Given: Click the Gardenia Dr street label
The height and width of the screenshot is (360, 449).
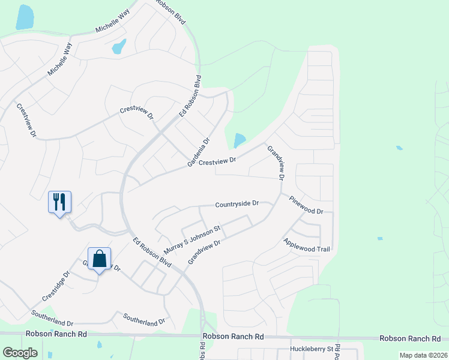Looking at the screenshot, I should [x=198, y=152].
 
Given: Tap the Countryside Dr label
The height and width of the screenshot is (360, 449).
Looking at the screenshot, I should [x=237, y=204].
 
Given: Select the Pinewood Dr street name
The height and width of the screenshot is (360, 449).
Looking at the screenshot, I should [x=306, y=205].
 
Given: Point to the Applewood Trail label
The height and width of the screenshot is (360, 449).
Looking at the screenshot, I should [x=307, y=245].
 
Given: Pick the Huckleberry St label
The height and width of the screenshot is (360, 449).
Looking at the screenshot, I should [x=311, y=349].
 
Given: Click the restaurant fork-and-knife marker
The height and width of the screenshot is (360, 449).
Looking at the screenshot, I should [x=59, y=202].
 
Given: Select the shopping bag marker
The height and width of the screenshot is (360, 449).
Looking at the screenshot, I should [x=100, y=259].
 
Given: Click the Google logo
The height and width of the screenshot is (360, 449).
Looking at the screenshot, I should [x=20, y=353].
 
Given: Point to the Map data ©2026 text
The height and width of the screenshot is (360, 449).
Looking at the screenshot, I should [x=423, y=355].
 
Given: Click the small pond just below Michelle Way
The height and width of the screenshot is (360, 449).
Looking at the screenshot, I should [x=119, y=46].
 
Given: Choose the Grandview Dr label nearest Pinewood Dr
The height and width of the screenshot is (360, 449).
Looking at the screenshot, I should [x=275, y=163].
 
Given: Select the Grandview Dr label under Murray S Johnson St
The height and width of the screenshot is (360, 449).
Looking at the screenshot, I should [x=205, y=251].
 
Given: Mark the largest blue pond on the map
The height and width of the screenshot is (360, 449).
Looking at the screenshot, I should [x=25, y=17].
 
